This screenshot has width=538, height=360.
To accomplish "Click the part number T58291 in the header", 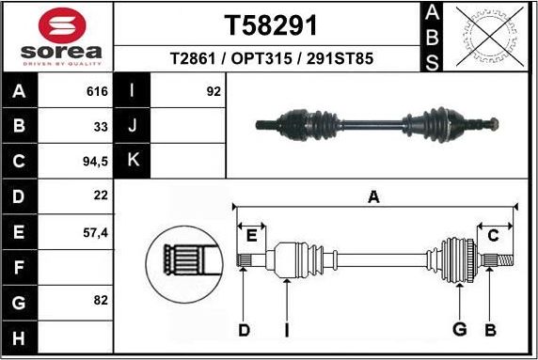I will click(270, 23).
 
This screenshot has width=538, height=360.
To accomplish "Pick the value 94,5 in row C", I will click(95, 161).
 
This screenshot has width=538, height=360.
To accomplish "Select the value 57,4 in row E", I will click(95, 231).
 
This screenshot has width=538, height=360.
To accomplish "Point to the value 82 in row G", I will click(101, 301).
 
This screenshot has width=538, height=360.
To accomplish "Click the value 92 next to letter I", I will click(214, 92).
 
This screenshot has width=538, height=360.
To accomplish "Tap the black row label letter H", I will click(20, 336).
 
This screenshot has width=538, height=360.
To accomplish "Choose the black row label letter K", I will click(132, 161).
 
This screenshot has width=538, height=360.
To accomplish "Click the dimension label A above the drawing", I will click(373, 196).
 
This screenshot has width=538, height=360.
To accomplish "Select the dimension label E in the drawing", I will click(251, 235).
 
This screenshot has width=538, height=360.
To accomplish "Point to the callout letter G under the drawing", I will click(459, 329).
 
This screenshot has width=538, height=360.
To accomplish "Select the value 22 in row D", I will click(101, 196).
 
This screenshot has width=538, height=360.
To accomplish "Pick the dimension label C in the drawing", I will click(492, 235).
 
